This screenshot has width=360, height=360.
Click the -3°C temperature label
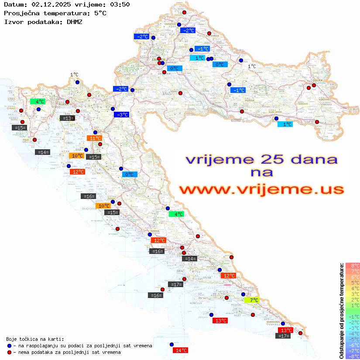coord(121,115)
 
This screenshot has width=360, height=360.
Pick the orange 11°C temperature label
coord(95,138)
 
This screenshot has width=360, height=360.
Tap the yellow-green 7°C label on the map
coord(253,300)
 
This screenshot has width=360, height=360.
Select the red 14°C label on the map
coord(181,350)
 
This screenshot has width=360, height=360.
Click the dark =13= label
coord(67,118)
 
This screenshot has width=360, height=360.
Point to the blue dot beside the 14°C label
coord(171,344)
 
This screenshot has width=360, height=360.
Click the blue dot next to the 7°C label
coord(243,294)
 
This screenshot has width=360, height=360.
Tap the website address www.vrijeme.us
coord(261,189)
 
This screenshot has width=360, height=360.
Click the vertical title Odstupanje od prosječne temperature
coord(342,311)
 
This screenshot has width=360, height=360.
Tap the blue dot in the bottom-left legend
coord(9,346)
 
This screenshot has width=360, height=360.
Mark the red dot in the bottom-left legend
coord(9,352)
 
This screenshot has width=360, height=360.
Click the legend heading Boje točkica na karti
coord(35,339)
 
